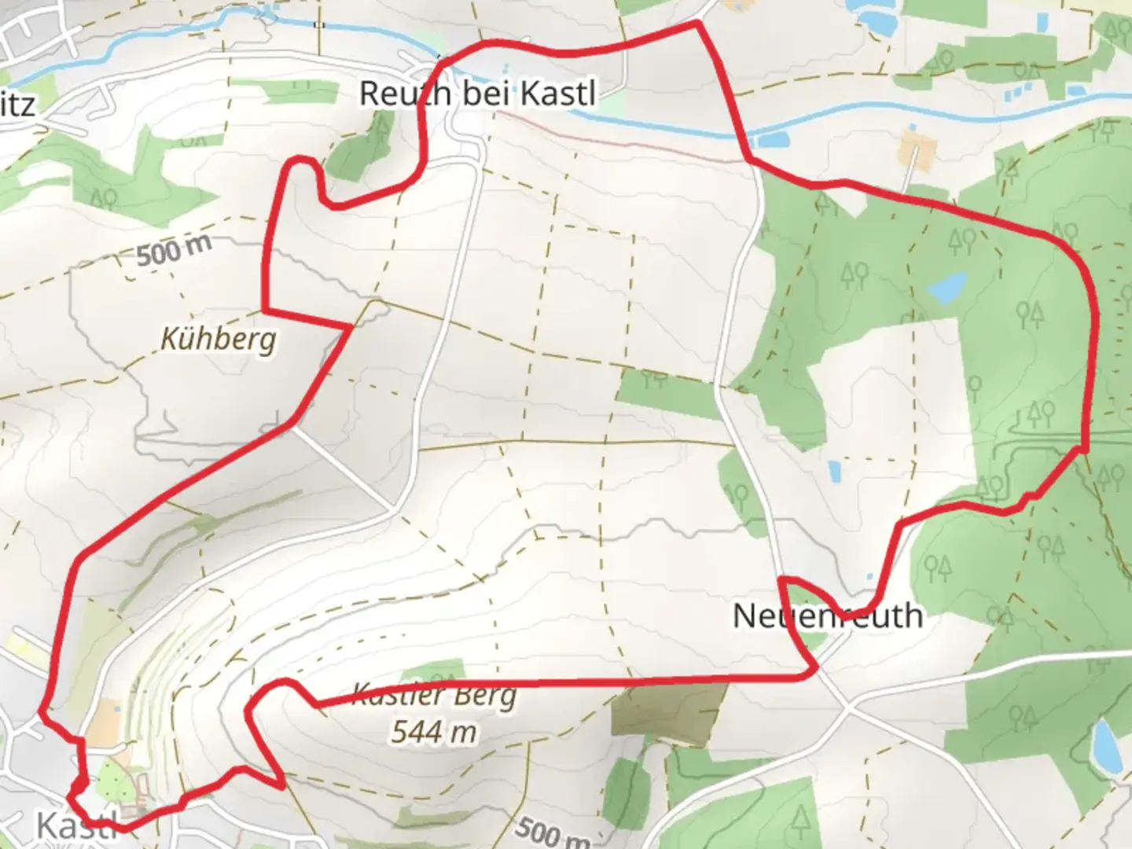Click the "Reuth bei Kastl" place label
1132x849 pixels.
pos(477,94)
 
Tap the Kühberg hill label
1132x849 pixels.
pos(219,340)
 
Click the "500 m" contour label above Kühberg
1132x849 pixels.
pos(174,250)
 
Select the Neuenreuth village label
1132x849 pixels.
pos(827,616)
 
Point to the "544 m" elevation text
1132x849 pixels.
pos(434,732)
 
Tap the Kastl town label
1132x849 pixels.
pos(77,825)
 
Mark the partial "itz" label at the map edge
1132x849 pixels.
pos(17,105)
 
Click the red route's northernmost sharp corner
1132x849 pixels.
pos(696,24)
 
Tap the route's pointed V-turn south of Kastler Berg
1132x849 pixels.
pos(282,784)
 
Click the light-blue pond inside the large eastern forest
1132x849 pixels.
pos(946,288)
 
